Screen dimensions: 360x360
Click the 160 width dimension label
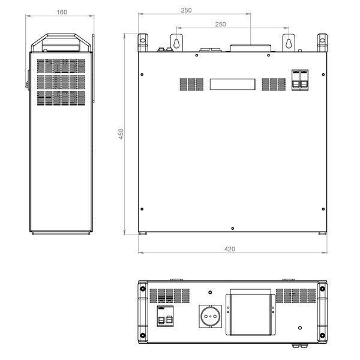pos(62,12)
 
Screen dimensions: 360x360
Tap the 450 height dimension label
pos(121,134)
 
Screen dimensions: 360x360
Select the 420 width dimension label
pos(230,249)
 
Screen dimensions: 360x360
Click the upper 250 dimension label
pos(186,10)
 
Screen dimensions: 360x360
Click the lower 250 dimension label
pos(220,24)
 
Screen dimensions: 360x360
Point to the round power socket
pos(211,316)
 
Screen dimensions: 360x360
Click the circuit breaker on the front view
pos(300,80)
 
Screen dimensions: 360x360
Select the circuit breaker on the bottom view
pos(165,316)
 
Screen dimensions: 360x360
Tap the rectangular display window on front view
pos(233,84)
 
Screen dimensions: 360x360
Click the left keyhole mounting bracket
pos(176,43)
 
